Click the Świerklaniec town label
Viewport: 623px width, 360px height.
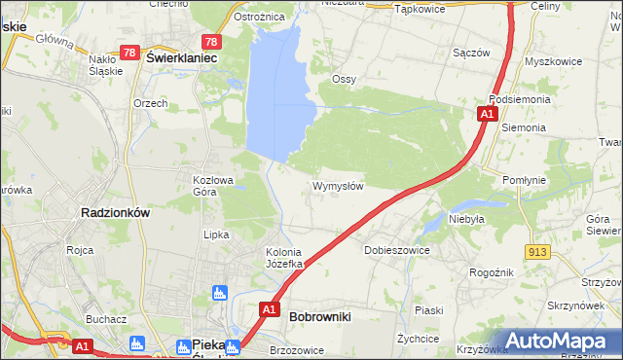pos(181,57)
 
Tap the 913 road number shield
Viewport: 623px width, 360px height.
pos(537,251)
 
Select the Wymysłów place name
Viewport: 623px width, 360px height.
pos(338,186)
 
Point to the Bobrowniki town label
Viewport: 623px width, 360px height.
pos(319,316)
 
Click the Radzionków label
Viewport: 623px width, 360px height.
pos(114,212)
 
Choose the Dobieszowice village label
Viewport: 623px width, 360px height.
pos(397,250)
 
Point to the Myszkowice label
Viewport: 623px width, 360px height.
pos(552,60)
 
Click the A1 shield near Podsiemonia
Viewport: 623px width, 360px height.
pos(485,115)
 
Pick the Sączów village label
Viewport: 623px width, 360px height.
pos(471,53)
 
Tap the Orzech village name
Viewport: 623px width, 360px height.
pos(151,103)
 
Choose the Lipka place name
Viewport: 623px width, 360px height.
pos(215,234)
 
